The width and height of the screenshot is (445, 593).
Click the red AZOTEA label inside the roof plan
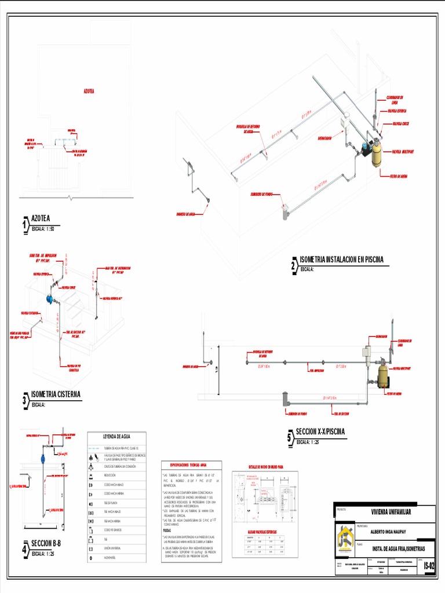point(89,91)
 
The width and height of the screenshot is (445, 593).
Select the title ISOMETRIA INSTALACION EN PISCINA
point(342,259)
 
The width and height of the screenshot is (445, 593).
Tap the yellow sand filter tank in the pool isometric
point(376,154)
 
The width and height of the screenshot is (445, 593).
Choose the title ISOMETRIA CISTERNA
point(56,394)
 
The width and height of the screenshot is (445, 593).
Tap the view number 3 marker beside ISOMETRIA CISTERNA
point(25,400)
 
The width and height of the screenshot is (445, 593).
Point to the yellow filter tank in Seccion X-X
point(382,376)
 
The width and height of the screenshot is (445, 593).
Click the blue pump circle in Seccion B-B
point(43,459)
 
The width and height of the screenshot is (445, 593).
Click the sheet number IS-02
point(429,566)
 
